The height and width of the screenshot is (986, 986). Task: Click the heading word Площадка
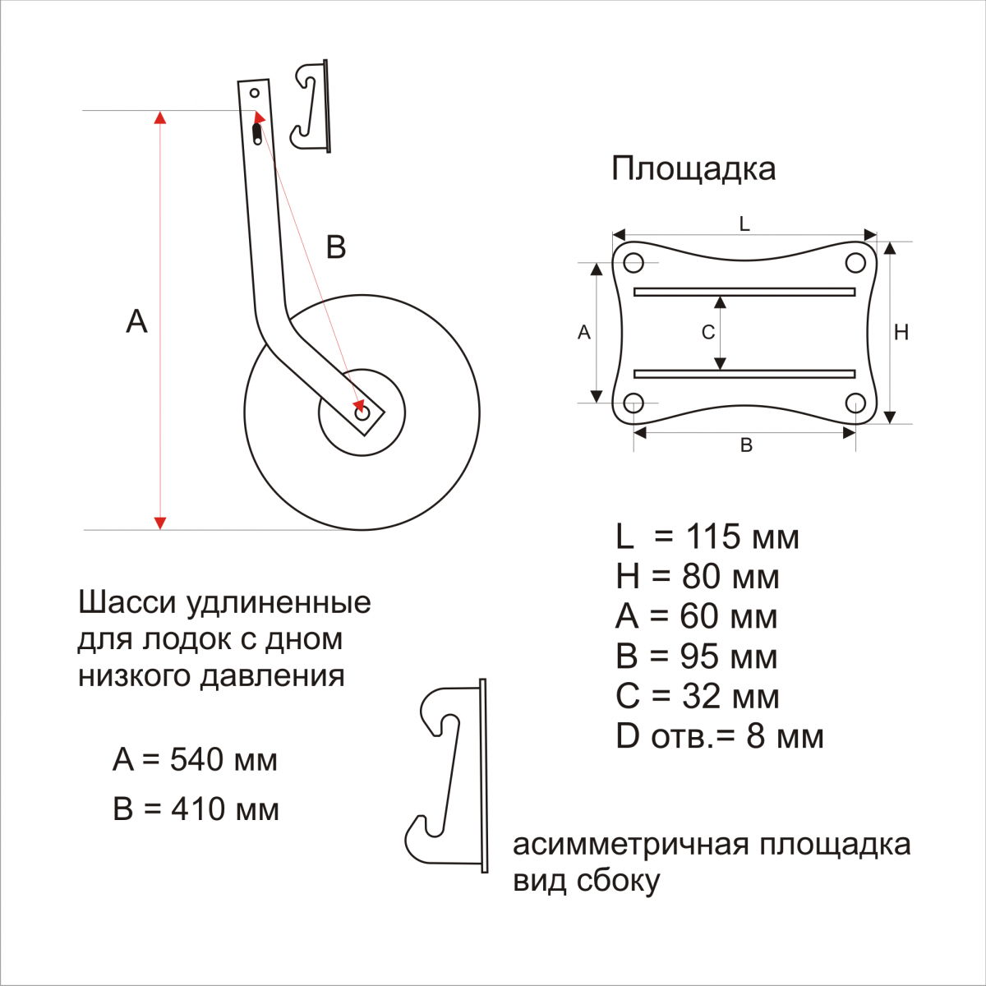693,169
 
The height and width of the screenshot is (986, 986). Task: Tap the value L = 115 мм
707,537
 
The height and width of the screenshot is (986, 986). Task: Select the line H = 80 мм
697,577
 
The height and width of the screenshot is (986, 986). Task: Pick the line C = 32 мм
697,697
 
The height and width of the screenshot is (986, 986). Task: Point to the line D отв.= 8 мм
719,736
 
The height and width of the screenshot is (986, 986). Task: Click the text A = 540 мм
195,760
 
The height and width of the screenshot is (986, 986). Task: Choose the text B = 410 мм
196,809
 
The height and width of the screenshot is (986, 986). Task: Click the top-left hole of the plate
633,263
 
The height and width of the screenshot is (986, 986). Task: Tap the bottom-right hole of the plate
855,403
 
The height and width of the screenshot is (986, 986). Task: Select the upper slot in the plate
744,292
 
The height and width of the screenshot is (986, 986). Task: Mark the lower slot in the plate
744,374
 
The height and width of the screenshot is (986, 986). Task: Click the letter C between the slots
707,333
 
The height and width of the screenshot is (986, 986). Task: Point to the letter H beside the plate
901,333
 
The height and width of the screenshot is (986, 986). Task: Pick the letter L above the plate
744,224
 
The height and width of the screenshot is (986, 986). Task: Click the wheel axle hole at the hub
362,413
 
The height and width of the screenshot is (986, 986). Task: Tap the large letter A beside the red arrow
136,321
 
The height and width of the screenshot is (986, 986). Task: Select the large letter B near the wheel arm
335,247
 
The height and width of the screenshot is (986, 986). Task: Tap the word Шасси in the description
127,603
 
